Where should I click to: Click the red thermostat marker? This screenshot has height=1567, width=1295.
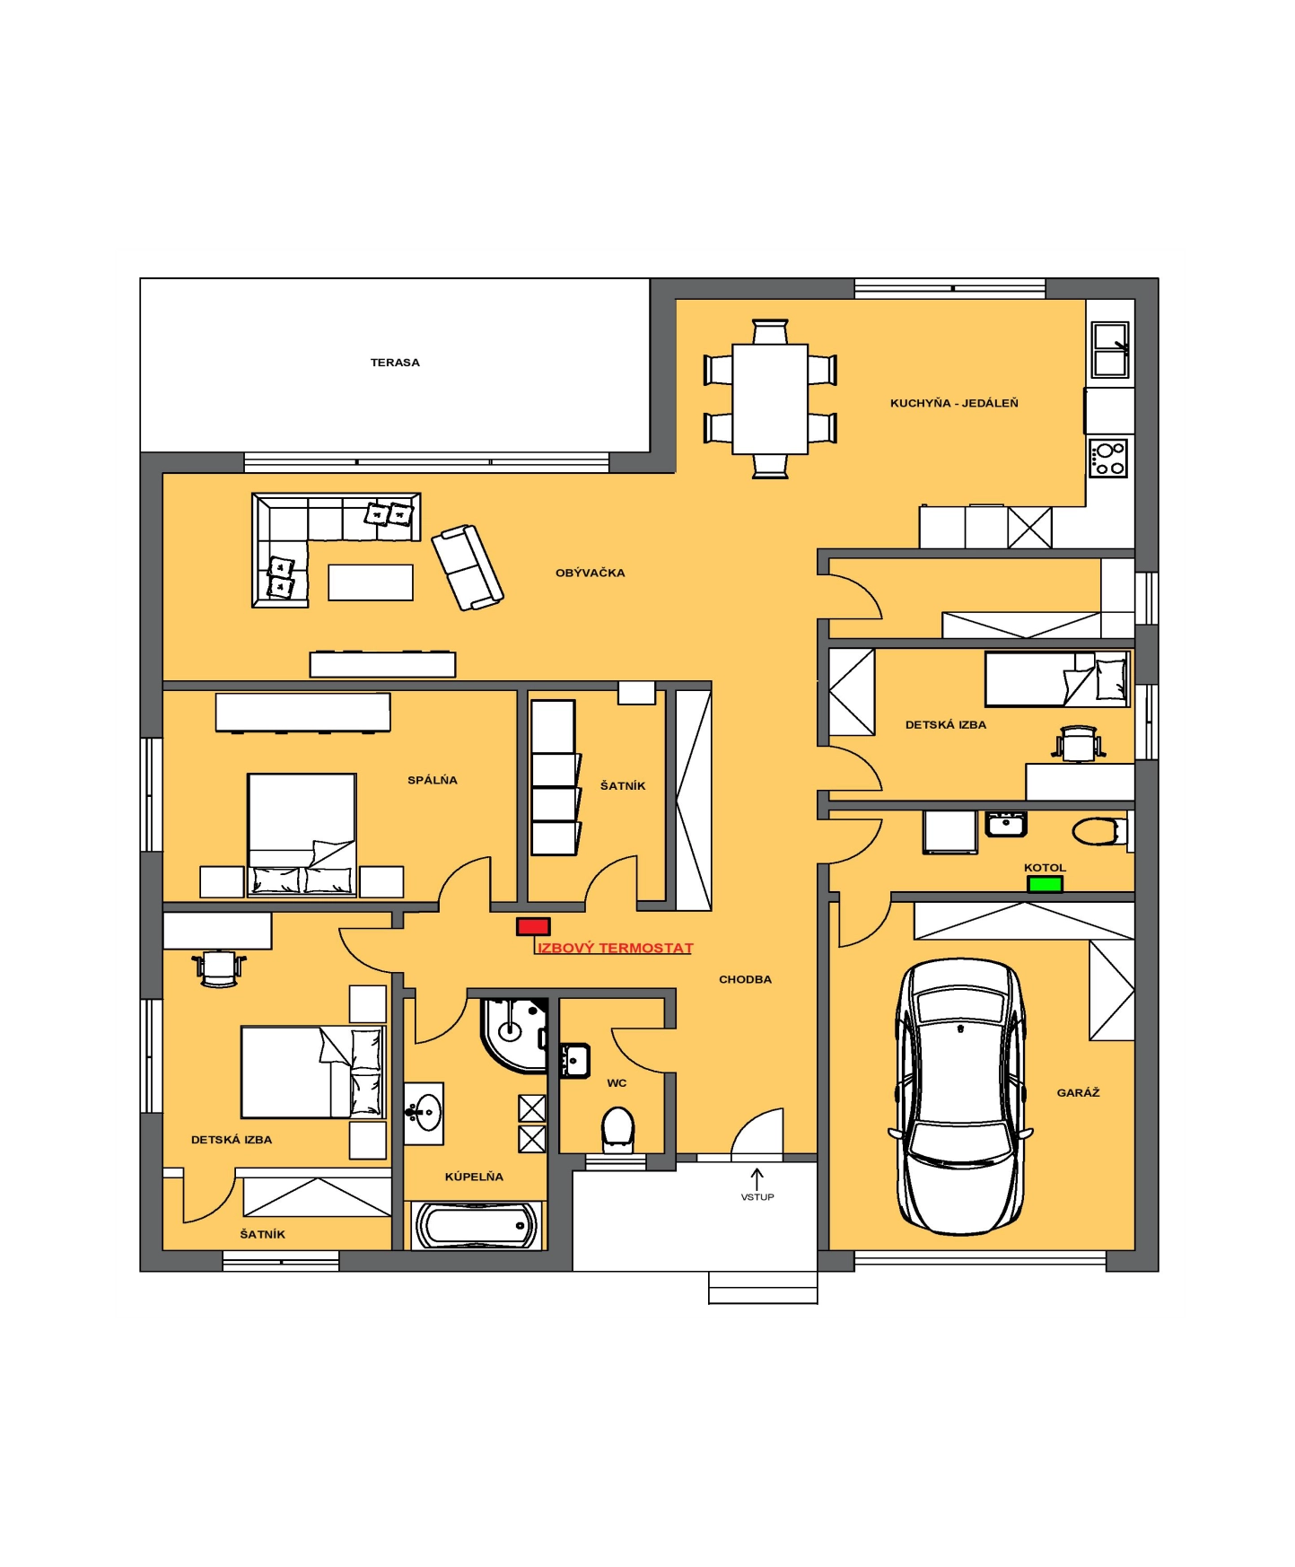click(x=533, y=926)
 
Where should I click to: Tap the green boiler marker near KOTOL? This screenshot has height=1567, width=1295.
click(x=1045, y=884)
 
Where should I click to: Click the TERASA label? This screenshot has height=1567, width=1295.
click(x=395, y=363)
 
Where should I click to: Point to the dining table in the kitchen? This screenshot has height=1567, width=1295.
click(x=770, y=398)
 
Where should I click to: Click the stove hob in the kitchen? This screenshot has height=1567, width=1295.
click(x=1108, y=458)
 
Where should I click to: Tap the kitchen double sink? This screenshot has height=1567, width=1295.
click(x=1110, y=350)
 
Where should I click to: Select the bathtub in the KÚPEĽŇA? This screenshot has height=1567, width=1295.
click(x=476, y=1225)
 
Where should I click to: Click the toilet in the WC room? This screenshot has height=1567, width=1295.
click(x=617, y=1128)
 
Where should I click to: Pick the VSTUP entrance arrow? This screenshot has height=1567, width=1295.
click(x=757, y=1178)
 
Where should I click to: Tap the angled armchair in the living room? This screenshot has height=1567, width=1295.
click(x=468, y=568)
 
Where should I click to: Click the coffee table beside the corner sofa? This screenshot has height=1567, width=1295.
click(x=371, y=582)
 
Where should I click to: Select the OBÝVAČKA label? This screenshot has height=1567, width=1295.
click(x=590, y=573)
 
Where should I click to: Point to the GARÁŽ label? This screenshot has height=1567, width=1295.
click(x=1078, y=1092)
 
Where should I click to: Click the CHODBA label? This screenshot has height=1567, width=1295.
click(x=745, y=979)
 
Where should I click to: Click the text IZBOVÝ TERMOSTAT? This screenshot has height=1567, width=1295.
click(x=615, y=948)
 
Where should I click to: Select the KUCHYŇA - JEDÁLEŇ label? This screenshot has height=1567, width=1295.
click(x=954, y=403)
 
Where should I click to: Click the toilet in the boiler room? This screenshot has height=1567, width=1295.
click(x=1097, y=831)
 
